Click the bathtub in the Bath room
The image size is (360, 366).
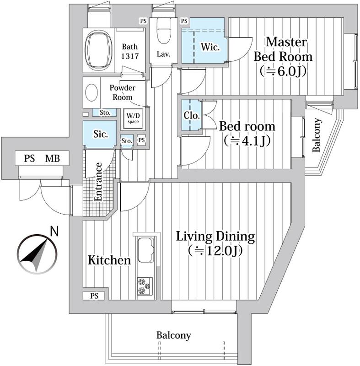(x=98, y=50)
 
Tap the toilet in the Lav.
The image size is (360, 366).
(x=164, y=31)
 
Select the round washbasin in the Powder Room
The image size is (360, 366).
(x=91, y=92)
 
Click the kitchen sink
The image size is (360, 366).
(x=146, y=250)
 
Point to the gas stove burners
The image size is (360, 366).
(x=145, y=286)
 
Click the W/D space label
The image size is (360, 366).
(x=133, y=118)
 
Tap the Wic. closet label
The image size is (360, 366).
(x=210, y=47)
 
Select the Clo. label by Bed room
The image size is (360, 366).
(x=192, y=115)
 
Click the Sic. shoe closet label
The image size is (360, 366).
(x=101, y=134)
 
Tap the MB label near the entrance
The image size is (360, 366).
(x=53, y=159)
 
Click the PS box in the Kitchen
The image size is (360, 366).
(x=94, y=296)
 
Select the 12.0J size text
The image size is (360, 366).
(x=216, y=251)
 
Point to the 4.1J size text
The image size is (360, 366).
(x=247, y=141)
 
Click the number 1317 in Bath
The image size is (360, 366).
(x=130, y=56)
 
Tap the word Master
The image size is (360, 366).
(x=286, y=42)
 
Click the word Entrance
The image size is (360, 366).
(x=98, y=182)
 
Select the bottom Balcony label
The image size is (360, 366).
(x=173, y=335)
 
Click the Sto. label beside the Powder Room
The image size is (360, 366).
(x=105, y=113)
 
